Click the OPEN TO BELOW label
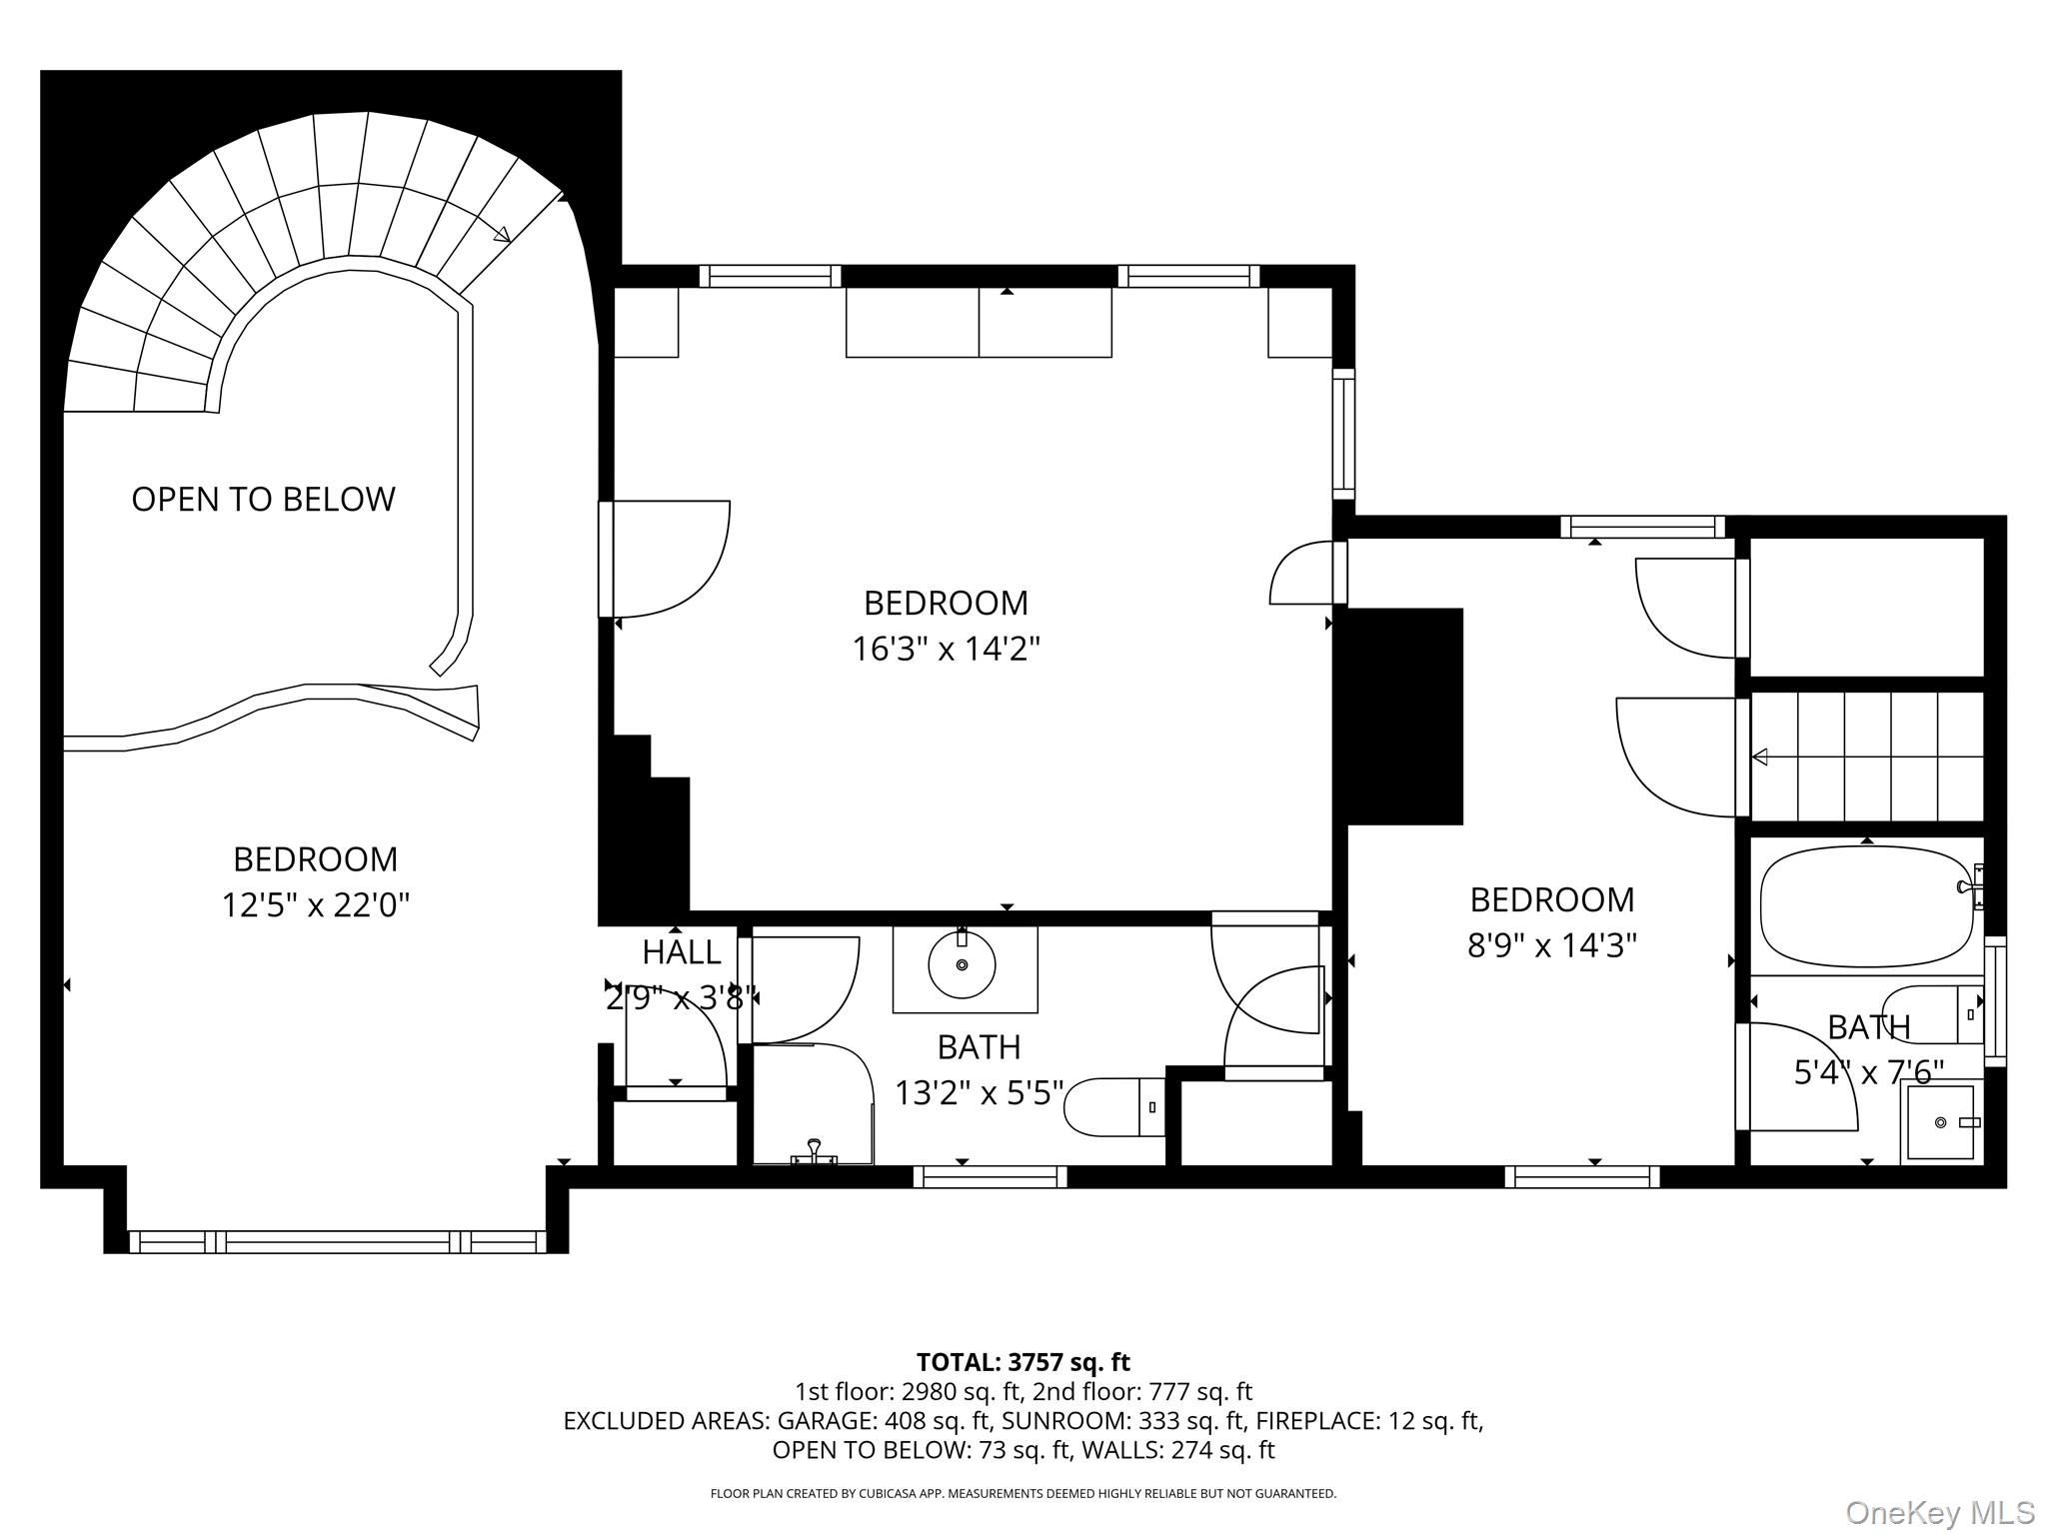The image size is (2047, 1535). (263, 499)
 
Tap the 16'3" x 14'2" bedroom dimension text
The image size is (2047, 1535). (946, 650)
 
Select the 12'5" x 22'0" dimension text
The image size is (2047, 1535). (316, 905)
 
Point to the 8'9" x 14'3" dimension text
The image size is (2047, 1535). (1551, 944)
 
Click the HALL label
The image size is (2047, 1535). (681, 952)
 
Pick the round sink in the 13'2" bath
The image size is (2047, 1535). (962, 965)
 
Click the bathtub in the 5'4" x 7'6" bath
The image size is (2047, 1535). (1865, 905)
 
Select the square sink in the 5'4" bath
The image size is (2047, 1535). (1939, 1122)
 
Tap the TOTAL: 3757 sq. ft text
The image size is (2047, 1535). (1023, 1362)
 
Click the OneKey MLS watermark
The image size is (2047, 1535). (1939, 1512)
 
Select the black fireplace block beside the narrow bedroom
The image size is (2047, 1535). (1404, 716)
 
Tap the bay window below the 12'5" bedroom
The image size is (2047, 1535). (337, 1242)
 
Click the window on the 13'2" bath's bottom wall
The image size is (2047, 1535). (990, 1177)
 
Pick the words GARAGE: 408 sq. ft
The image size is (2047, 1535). (884, 1420)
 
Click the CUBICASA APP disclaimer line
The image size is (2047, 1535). (1023, 1493)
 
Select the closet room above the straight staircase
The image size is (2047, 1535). (1865, 607)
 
